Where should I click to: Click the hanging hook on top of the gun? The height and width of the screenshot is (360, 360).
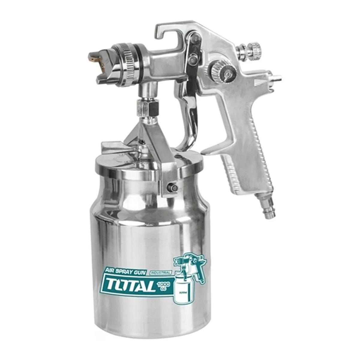(x=163, y=33)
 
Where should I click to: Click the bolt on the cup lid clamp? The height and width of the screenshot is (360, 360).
(x=171, y=186)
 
